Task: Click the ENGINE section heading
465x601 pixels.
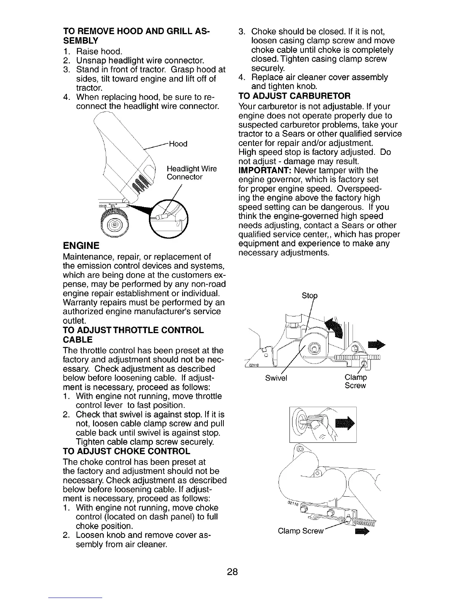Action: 81,245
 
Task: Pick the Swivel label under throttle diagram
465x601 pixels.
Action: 277,378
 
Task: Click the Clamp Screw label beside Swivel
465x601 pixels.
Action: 355,382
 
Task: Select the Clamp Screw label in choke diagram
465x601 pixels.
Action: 300,531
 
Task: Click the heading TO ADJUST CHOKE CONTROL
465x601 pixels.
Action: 126,452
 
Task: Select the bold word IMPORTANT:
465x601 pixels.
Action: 265,170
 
